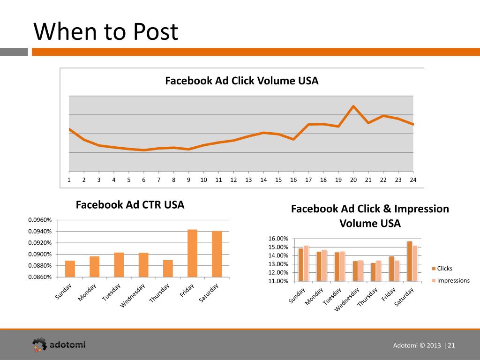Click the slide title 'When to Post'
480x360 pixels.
coord(106,32)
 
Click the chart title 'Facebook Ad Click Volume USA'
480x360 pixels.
coord(241,81)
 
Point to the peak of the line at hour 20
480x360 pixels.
coord(353,106)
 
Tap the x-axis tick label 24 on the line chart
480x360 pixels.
coord(413,180)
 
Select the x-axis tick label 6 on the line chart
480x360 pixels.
coord(144,180)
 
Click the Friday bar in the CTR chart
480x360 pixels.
coord(192,253)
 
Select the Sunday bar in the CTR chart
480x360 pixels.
coord(70,269)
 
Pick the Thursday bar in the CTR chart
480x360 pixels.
coord(168,269)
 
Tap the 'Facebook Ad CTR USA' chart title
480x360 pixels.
coord(130,205)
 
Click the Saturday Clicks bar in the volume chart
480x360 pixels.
coord(410,261)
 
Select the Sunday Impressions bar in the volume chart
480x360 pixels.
coord(306,263)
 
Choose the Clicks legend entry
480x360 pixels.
coord(444,269)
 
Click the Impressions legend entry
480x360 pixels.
coord(453,281)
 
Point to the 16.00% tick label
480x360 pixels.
coord(278,239)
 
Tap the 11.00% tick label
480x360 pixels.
coord(278,281)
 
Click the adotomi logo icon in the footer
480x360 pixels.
coord(39,345)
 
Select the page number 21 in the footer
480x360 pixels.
coord(452,345)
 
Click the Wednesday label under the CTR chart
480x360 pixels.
coord(134,296)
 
